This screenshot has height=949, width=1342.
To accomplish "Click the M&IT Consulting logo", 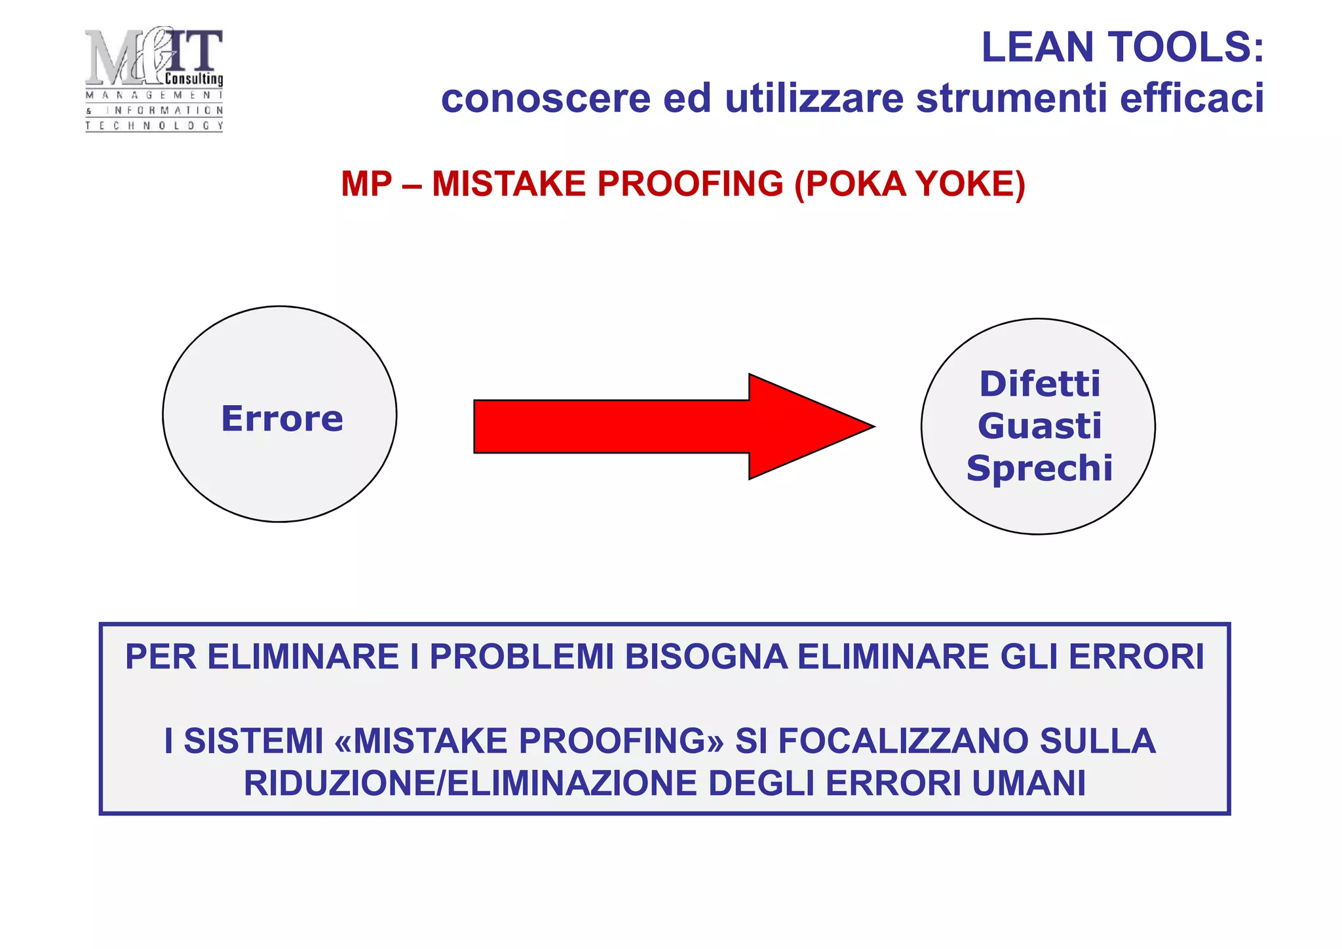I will [154, 79].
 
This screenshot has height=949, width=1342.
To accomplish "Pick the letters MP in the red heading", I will [366, 184].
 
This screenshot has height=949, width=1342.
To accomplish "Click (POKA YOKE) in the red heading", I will [910, 184].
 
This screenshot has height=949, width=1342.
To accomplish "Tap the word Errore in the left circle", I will [282, 419].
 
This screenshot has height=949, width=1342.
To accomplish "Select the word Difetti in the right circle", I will [1039, 384].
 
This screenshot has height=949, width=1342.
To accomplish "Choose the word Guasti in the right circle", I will [1039, 426].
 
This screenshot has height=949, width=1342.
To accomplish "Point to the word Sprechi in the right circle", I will [1039, 469].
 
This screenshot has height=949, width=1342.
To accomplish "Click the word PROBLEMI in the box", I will [522, 657].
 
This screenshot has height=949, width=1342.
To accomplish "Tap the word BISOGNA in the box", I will [706, 657].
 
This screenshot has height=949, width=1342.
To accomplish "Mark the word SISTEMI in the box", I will [254, 741].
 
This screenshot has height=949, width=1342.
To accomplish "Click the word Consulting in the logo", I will [194, 79].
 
